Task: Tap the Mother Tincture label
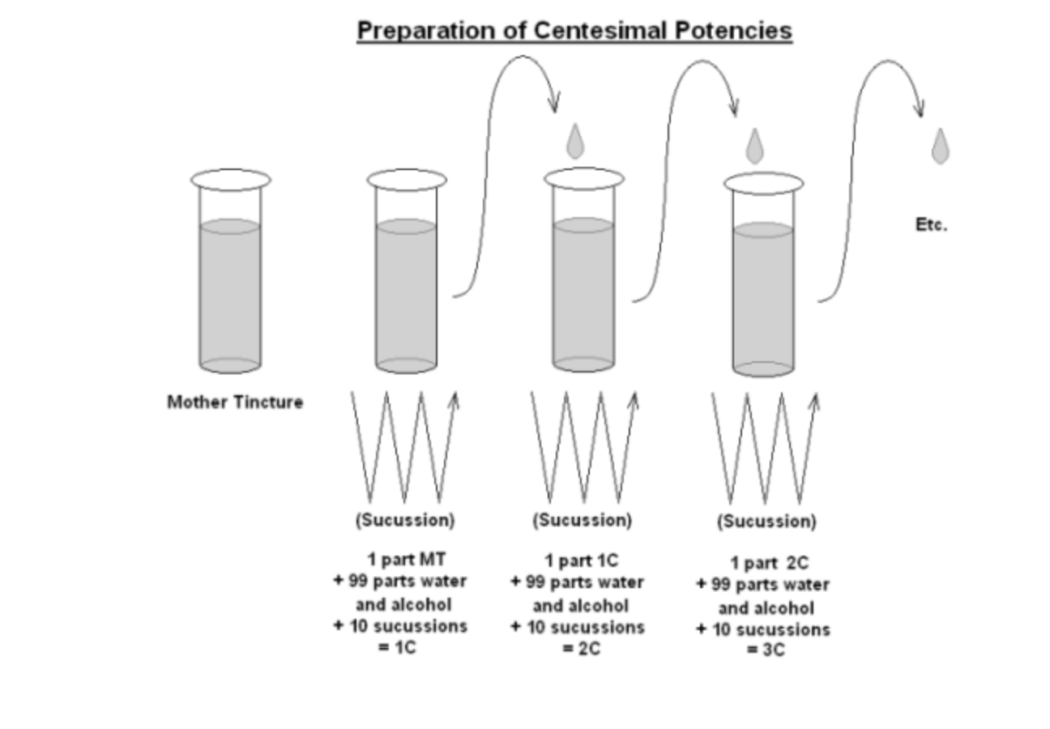pos(235,402)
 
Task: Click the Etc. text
pos(931,225)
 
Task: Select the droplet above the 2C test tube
pos(575,142)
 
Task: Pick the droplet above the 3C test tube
pos(754,147)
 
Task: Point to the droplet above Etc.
pos(940,147)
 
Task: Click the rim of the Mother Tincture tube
pos(231,180)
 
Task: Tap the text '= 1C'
pos(398,648)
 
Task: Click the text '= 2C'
pos(582,649)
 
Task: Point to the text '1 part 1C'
pos(582,561)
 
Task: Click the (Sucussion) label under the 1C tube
pos(405,520)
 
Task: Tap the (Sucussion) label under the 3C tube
pos(766,522)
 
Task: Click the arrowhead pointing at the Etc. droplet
pos(920,109)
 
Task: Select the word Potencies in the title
pos(732,31)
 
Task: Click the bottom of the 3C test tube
pos(763,369)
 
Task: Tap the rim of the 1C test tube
pos(407,180)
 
